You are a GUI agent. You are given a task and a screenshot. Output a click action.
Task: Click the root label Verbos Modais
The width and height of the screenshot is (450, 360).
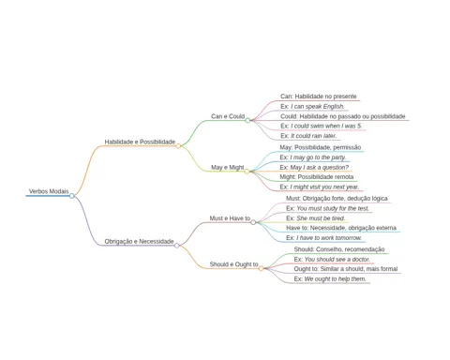pos(49,191)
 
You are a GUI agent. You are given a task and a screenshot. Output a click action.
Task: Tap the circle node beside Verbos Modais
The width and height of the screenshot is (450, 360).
pos(72,196)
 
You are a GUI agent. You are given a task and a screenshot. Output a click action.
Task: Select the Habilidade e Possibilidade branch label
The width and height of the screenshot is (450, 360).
pos(140,142)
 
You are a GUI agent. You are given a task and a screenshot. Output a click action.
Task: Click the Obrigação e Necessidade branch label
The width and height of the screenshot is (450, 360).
pos(139,241)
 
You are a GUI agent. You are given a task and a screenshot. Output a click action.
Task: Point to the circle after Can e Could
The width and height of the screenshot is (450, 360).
pos(247,120)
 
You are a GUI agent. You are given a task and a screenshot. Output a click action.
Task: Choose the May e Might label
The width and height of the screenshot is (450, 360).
pos(228,168)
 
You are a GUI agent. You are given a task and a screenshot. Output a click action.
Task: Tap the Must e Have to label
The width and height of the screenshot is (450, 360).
pos(230,218)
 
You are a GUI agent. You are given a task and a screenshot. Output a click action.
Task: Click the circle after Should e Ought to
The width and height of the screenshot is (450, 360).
pos(261,268)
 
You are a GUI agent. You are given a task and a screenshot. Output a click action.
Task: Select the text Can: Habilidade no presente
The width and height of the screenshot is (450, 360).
pos(319,97)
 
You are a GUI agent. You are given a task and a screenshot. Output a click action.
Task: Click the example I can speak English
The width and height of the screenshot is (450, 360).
pos(312,107)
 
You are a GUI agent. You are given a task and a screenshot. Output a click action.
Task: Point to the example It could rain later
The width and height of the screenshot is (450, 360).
pos(308,136)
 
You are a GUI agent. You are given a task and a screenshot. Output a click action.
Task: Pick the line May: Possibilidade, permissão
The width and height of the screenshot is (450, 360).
pos(321,147)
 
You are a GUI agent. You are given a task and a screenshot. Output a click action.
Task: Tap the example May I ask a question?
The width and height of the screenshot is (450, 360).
pos(314,168)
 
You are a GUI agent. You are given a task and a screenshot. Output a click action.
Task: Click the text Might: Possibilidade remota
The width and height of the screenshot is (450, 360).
pos(317,177)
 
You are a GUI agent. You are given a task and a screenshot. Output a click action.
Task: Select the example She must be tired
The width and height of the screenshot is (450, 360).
pos(316,218)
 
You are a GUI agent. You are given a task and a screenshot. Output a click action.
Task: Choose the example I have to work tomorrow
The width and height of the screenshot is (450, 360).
pos(323,238)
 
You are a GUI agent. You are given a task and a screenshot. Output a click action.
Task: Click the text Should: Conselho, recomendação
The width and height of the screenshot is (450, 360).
pos(339,249)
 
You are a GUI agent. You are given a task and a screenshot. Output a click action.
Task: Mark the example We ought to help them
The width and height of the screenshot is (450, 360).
pos(330,278)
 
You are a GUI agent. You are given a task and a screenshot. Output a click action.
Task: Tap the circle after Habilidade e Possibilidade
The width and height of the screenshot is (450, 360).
pos(178,146)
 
